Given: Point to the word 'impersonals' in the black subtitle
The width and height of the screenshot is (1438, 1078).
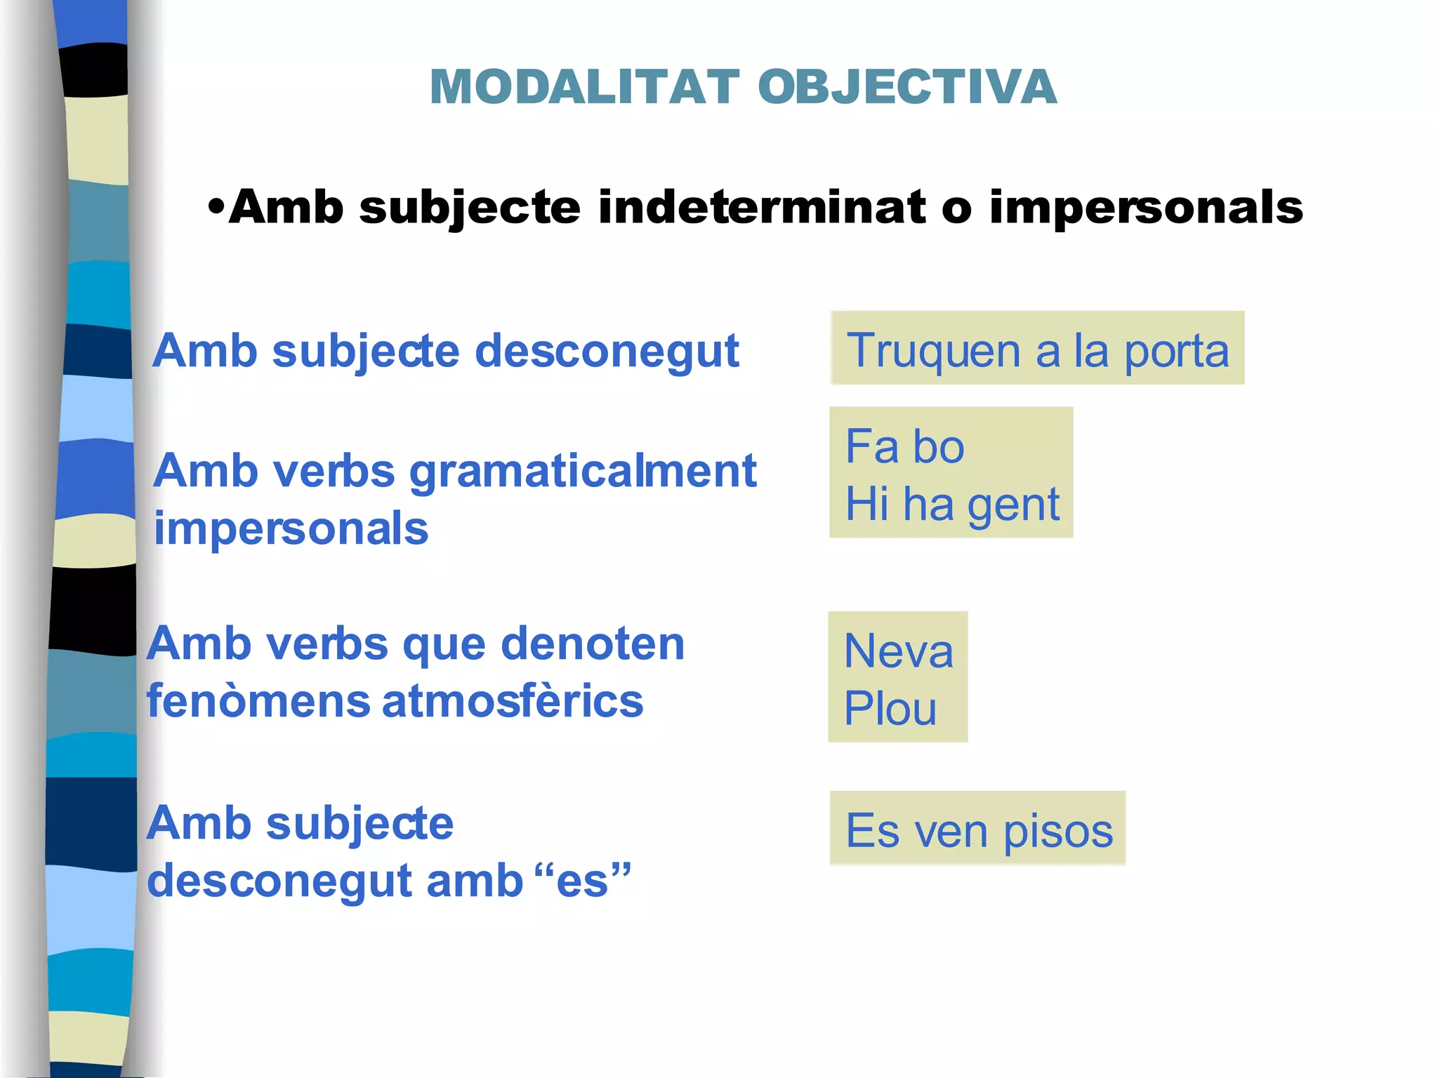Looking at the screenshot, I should (1146, 208).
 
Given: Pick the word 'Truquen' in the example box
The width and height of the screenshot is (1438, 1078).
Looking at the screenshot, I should (933, 351).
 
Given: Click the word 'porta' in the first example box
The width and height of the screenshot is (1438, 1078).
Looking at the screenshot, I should (1177, 351).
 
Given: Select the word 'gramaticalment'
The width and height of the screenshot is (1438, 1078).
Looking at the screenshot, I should (583, 472).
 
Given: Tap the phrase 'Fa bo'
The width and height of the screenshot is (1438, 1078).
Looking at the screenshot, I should (904, 446).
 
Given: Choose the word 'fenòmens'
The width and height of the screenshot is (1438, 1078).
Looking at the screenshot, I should (258, 702).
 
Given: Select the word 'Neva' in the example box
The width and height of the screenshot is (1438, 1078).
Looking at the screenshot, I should (898, 651).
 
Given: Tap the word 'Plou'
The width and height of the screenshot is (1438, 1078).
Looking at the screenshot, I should (890, 709).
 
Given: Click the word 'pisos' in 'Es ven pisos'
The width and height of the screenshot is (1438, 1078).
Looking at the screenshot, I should (1057, 832).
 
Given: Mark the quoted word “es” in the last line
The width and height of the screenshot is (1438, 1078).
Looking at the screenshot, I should (582, 881).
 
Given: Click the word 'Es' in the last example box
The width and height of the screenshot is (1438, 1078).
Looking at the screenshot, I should (872, 832).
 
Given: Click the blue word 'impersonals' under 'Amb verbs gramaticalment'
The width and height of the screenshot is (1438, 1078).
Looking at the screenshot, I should (291, 529).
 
